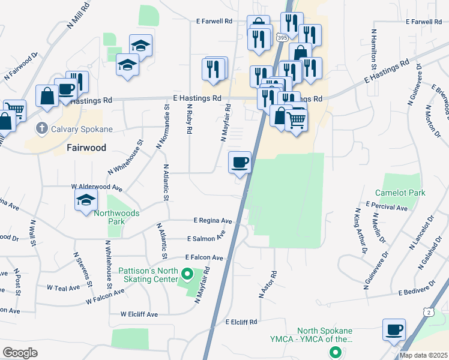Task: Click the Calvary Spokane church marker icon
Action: (x=42, y=128)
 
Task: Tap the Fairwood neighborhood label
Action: (x=86, y=148)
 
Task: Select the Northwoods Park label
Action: (x=116, y=217)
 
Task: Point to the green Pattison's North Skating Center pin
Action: (x=187, y=275)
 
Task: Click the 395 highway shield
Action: (x=282, y=37)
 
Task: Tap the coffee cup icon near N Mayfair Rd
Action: (x=240, y=162)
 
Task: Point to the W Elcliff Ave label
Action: (x=139, y=314)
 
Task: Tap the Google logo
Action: (x=20, y=353)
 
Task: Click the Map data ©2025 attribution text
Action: (x=423, y=355)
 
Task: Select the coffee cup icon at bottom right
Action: (x=394, y=329)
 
